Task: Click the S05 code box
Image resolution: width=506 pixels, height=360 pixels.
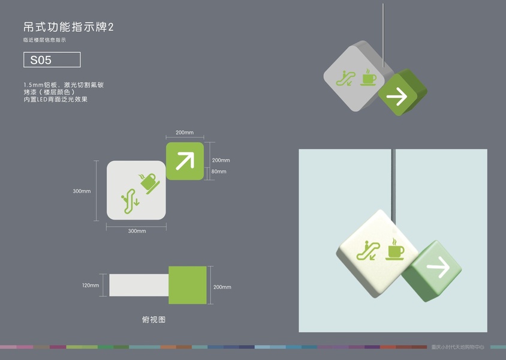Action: pyautogui.click(x=51, y=60)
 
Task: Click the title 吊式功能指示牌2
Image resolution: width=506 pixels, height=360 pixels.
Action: pyautogui.click(x=68, y=28)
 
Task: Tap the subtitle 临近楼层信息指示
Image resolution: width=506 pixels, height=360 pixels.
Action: pyautogui.click(x=44, y=40)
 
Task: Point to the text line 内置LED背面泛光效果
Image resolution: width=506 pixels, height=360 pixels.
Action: pyautogui.click(x=56, y=100)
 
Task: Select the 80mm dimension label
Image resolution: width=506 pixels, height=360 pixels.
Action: pyautogui.click(x=219, y=172)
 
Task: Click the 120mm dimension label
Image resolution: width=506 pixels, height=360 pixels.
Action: pyautogui.click(x=91, y=285)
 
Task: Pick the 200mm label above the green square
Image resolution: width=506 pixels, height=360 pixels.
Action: pyautogui.click(x=184, y=132)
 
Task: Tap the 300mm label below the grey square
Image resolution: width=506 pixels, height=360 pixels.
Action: pyautogui.click(x=137, y=231)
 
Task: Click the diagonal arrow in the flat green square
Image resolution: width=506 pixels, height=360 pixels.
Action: pyautogui.click(x=185, y=160)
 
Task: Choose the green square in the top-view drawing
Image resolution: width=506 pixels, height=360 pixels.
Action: pyautogui.click(x=188, y=284)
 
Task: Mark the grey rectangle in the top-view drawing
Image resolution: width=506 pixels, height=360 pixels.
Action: pyautogui.click(x=138, y=285)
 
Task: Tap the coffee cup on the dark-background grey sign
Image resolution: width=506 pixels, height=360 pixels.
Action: pyautogui.click(x=368, y=77)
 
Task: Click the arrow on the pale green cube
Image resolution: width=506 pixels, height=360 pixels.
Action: pyautogui.click(x=438, y=268)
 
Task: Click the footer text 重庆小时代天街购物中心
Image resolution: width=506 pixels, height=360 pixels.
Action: pyautogui.click(x=459, y=347)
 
